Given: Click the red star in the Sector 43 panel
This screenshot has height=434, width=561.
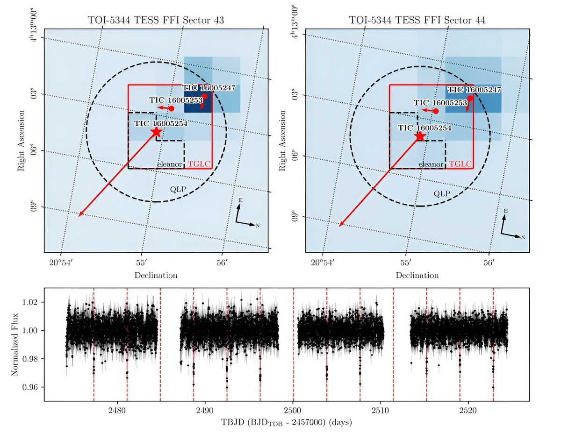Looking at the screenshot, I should coord(156,131).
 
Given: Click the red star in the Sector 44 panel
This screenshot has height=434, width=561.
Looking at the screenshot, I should coord(420,136).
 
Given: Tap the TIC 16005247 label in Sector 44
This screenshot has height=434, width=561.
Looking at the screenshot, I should coord(475,90).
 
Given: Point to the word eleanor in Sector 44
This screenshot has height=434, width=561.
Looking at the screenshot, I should coord(431,164).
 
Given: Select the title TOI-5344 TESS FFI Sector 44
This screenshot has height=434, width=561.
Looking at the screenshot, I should coord(417,21).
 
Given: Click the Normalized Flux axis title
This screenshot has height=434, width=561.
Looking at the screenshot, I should coord(15,344).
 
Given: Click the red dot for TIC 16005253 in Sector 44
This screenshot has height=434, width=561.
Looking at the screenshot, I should coord(436,111).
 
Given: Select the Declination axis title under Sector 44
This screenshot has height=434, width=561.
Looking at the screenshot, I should coord(417,275).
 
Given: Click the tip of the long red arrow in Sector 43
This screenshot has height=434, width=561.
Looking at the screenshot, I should coord(79,216).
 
